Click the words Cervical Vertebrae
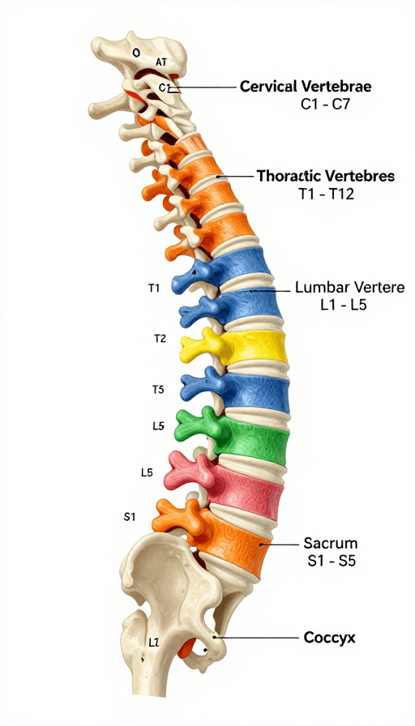tap(306, 87)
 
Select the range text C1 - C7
tap(325, 105)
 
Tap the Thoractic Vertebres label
tap(326, 176)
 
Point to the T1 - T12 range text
tap(326, 194)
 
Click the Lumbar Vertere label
tap(349, 288)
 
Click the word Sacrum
tap(330, 543)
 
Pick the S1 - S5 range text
tap(332, 561)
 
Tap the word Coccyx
tap(329, 638)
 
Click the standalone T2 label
tap(160, 339)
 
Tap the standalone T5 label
tap(158, 390)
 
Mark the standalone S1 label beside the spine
tap(130, 517)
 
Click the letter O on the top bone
tap(135, 53)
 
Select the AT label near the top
tap(161, 62)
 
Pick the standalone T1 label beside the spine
tap(154, 288)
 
